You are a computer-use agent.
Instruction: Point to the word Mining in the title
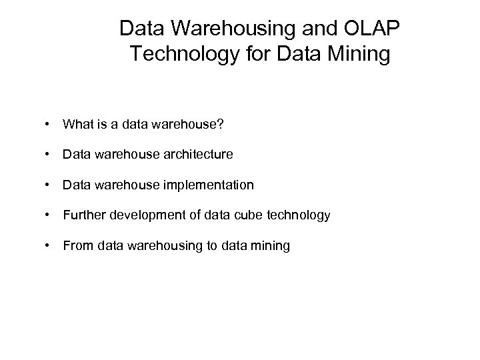point(361,54)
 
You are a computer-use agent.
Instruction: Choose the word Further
point(83,215)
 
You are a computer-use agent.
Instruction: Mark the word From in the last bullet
point(78,246)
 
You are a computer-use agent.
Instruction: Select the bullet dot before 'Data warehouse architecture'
point(49,154)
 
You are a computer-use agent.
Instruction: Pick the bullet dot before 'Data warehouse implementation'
point(49,185)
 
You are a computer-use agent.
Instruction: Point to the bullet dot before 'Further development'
point(49,215)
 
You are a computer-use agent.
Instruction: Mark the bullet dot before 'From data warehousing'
point(49,246)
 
